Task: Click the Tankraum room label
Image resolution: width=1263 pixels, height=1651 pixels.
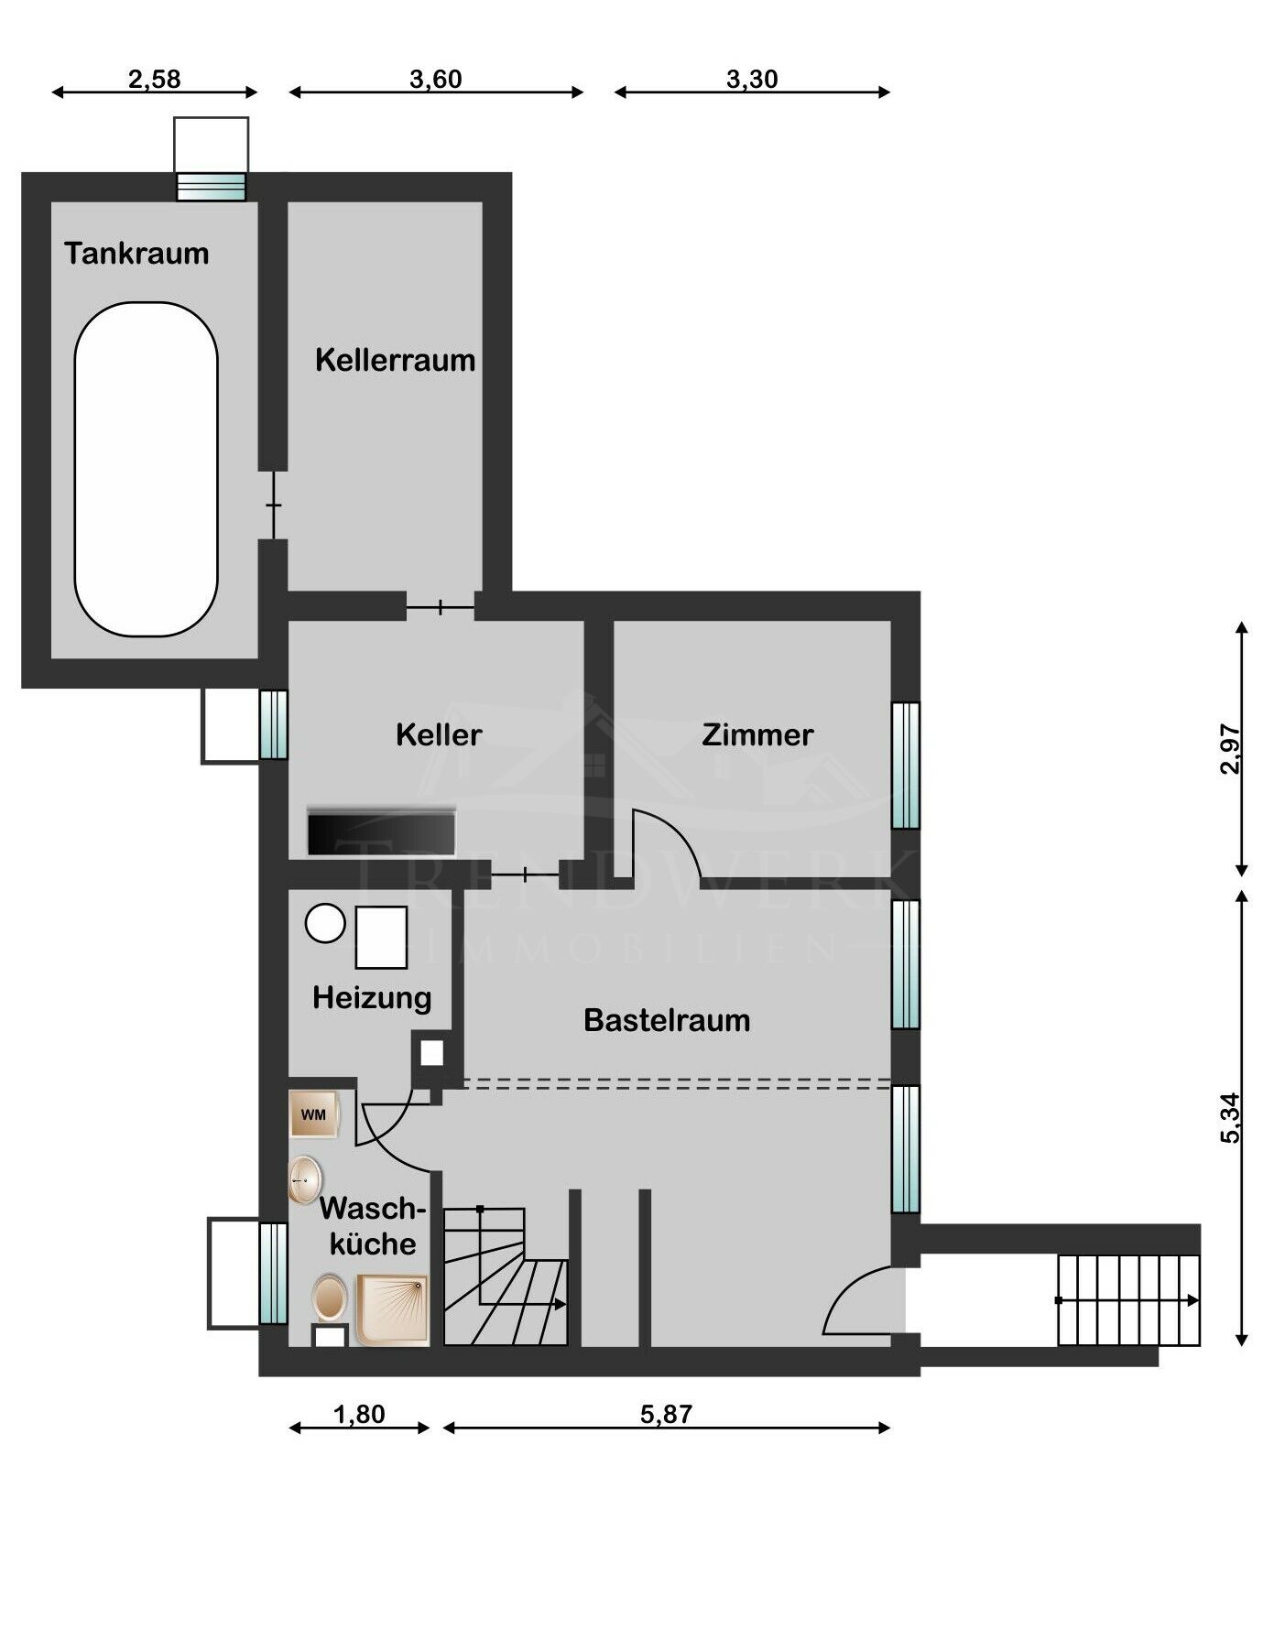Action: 136,253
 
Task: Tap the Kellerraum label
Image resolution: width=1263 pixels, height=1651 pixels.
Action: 395,360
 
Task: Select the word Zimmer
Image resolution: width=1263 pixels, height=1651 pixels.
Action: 757,734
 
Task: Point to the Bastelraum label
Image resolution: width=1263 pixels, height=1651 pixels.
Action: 667,1020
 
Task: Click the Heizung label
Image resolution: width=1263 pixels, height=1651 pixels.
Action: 372,998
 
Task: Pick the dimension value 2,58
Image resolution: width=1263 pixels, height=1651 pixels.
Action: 154,79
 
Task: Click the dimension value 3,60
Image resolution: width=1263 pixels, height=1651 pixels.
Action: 436,79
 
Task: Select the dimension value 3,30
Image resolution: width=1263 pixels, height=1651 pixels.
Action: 752,79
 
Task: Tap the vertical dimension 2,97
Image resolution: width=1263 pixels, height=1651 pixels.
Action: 1230,749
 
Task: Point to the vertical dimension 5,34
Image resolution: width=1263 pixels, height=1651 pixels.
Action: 1230,1118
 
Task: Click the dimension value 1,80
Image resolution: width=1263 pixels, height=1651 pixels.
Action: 359,1415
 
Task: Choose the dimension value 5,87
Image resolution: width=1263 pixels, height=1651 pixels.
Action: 666,1415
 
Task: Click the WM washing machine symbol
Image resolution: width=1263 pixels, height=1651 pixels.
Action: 314,1114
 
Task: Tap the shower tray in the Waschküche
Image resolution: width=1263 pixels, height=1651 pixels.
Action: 393,1310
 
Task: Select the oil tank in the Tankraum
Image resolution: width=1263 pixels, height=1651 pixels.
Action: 147,470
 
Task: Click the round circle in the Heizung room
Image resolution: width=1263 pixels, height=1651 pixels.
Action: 325,923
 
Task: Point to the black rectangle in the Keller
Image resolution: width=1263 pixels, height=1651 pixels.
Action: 381,832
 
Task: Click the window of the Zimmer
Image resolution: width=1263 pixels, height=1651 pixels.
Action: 906,765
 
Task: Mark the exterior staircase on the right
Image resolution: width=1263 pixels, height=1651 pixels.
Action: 1129,1300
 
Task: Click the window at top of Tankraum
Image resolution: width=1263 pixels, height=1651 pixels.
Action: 212,187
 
